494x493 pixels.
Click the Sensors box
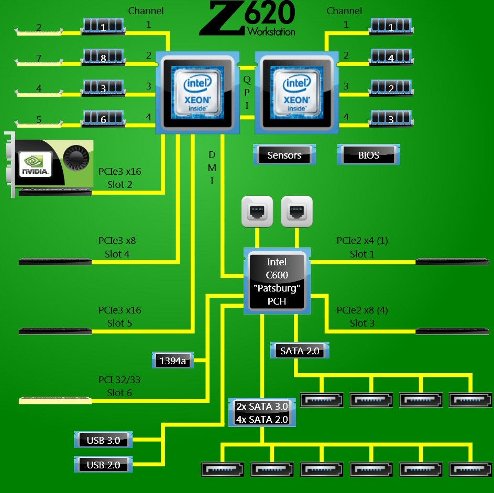point(284,155)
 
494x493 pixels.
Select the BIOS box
point(368,155)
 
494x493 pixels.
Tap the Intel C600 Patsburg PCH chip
point(277,282)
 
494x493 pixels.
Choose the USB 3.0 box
point(103,440)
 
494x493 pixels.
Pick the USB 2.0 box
point(103,464)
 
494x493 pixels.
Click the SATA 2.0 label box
point(300,351)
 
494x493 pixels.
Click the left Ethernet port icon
point(257,211)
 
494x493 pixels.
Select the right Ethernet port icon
point(297,211)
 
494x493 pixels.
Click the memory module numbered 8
point(103,57)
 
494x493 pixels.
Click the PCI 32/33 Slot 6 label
point(119,386)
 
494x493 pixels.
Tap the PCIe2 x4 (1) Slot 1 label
point(362,247)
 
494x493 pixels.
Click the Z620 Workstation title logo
point(248,19)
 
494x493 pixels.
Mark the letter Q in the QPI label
point(247,80)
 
